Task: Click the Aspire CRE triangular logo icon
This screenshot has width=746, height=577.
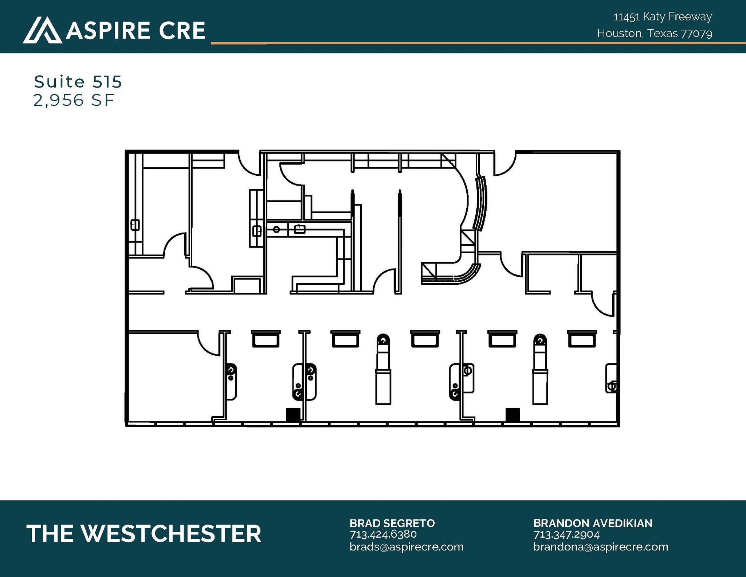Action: click(x=42, y=30)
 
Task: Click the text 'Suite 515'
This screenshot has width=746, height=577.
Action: click(x=78, y=82)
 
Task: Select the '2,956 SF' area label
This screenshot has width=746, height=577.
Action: click(x=74, y=100)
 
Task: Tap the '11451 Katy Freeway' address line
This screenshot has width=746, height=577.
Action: click(x=663, y=17)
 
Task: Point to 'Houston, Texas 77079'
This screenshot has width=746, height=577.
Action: click(x=655, y=34)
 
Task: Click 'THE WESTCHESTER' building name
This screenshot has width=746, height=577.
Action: click(x=144, y=534)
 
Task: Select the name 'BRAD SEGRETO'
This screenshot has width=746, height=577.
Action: click(x=392, y=523)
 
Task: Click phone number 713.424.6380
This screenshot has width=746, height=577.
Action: click(x=383, y=534)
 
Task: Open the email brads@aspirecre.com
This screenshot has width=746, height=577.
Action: click(x=407, y=547)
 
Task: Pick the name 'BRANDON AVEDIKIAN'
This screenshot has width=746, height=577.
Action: click(x=593, y=523)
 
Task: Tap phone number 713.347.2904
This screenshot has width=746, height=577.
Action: click(x=566, y=534)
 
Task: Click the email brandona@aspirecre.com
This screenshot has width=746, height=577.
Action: click(x=601, y=547)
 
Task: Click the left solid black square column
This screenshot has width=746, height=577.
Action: click(x=293, y=415)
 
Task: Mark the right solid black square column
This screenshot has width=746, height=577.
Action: click(x=513, y=415)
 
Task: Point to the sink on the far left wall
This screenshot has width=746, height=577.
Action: click(x=135, y=225)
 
